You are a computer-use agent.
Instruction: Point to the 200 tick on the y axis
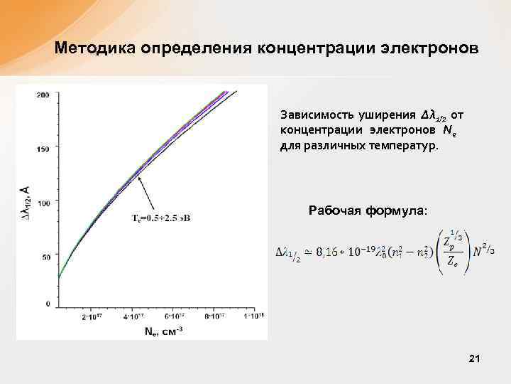tap(43, 95)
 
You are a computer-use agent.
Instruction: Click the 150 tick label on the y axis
tap(43, 149)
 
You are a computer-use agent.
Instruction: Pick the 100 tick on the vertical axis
tap(43, 203)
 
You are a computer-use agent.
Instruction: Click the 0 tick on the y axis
tap(48, 304)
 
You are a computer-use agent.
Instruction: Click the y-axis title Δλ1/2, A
tap(26, 200)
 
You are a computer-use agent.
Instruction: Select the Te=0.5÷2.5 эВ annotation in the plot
tap(160, 217)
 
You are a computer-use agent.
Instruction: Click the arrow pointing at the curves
tap(146, 192)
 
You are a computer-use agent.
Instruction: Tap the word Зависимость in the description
tap(313, 114)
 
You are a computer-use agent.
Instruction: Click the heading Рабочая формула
tap(368, 210)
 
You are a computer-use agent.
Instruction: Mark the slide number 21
tap(475, 361)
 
